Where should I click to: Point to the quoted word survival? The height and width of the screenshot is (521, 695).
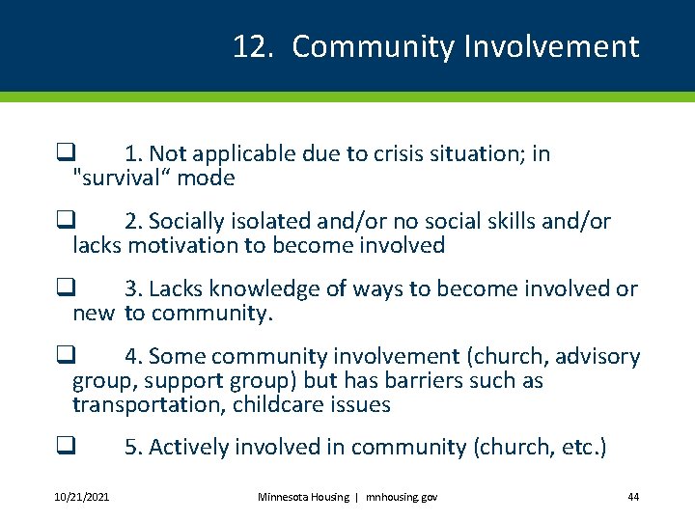(x=117, y=178)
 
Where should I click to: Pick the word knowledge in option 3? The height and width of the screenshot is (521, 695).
(x=252, y=288)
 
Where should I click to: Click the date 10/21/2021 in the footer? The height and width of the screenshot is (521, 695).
(x=82, y=497)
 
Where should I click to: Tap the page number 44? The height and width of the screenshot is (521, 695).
(x=633, y=497)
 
